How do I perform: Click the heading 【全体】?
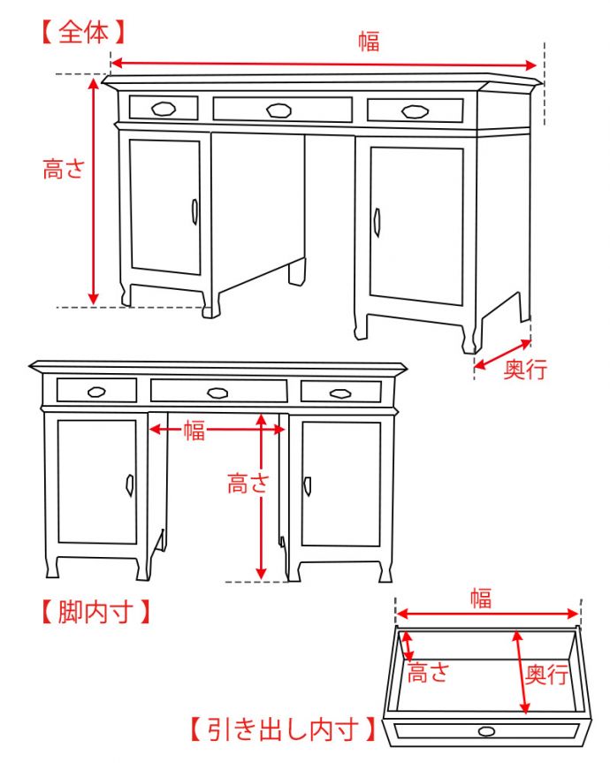(x=84, y=33)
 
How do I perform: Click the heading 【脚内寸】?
(x=95, y=612)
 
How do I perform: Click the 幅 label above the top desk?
(x=369, y=41)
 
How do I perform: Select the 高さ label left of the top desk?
(x=64, y=169)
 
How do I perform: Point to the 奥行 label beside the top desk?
(x=525, y=369)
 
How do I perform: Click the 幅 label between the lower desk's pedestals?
(x=194, y=431)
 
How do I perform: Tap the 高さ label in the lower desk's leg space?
(x=248, y=484)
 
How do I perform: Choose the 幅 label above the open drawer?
(x=481, y=598)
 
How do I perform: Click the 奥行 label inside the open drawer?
(x=546, y=675)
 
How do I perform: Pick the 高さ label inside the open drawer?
(x=427, y=673)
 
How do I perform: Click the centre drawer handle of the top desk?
(x=278, y=111)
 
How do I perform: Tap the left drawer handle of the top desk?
(x=164, y=109)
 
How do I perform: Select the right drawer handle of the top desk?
(x=415, y=112)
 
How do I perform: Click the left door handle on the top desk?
(x=194, y=211)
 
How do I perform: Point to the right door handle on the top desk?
(x=377, y=223)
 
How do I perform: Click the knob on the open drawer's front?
(x=486, y=731)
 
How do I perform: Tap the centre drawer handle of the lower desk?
(x=217, y=393)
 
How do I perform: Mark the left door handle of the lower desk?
(x=130, y=485)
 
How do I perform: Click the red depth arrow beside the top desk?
(x=502, y=354)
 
